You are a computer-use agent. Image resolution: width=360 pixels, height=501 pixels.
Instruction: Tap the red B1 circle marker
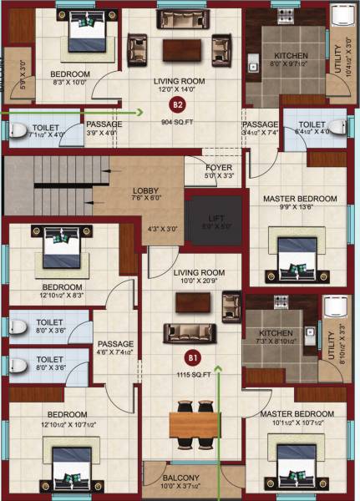pos(193,357)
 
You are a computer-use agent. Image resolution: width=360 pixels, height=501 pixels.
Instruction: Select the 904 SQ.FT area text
pos(178,120)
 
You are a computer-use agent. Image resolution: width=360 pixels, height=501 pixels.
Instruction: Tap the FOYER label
pos(220,167)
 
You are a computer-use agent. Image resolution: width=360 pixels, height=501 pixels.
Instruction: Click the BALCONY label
pos(181,477)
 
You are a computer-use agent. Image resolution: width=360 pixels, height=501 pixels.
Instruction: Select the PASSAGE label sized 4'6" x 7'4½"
pos(110,343)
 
